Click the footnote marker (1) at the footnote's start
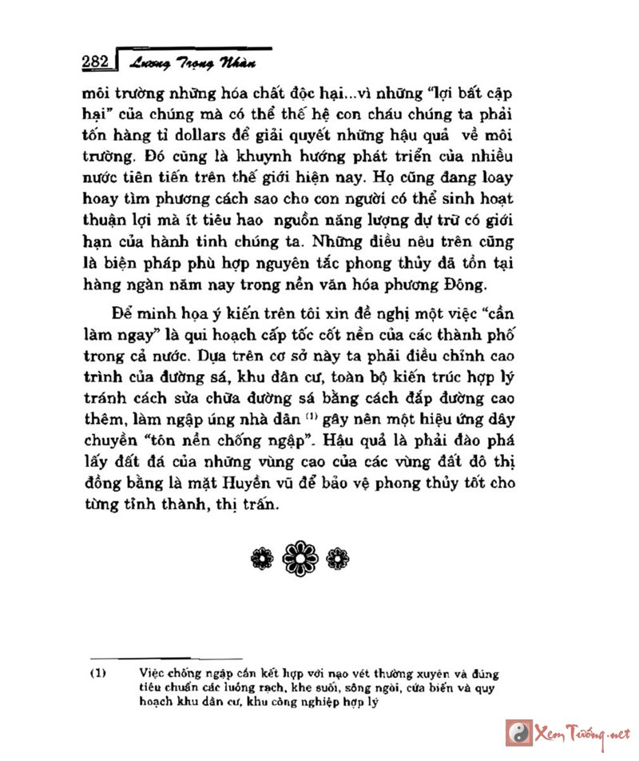tap(97, 674)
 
